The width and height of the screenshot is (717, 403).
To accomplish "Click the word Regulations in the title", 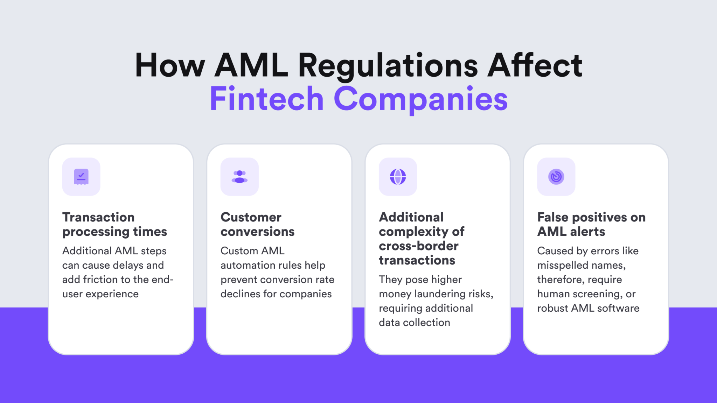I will (x=388, y=65).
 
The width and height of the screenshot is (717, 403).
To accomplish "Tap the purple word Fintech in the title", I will (x=266, y=99).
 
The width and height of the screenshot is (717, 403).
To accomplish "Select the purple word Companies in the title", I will (x=420, y=99).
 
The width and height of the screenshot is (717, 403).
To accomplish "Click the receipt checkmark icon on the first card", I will (x=81, y=177).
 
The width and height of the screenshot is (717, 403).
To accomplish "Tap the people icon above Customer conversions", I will (x=239, y=177).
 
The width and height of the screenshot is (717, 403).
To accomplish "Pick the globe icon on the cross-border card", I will (x=398, y=177).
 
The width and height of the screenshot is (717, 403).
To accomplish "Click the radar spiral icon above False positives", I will (x=556, y=177).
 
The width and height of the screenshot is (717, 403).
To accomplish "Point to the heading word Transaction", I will (x=98, y=217).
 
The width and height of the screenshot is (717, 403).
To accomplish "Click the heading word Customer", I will (x=251, y=217).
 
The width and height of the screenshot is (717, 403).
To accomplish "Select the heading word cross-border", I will (x=418, y=246).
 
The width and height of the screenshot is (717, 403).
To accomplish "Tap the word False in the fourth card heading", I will (x=553, y=217).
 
